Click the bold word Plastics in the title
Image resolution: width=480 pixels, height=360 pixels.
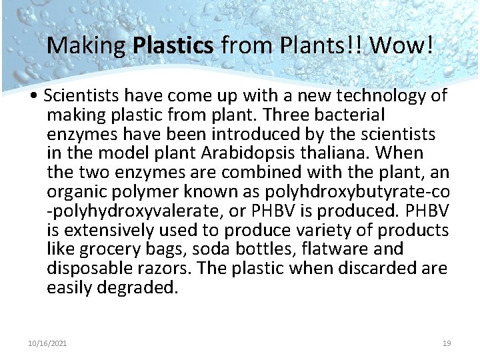coord(173,45)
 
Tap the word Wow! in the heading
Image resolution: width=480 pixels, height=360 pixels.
coord(401,45)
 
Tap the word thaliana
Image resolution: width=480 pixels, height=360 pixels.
coord(337,153)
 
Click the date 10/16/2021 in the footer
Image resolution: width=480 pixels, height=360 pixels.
coord(47,343)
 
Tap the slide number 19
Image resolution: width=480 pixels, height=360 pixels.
coord(447,343)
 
